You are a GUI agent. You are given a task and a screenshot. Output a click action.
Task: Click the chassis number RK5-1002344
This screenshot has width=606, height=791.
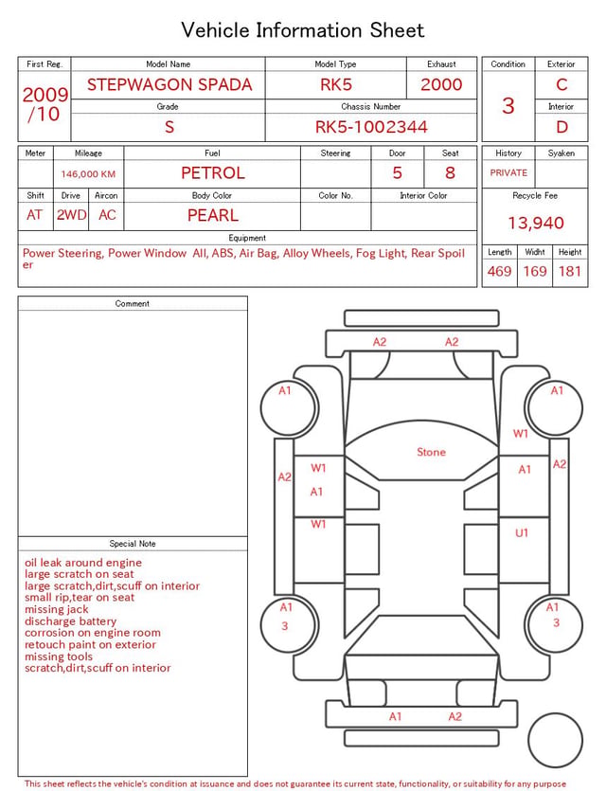[x=371, y=127]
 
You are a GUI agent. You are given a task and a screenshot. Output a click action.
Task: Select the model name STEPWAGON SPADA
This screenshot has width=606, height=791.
[x=169, y=84]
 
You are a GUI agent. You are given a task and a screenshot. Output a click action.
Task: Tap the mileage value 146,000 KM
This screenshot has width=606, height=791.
[x=88, y=174]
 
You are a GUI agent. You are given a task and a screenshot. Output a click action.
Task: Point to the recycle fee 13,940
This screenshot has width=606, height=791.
[x=535, y=223]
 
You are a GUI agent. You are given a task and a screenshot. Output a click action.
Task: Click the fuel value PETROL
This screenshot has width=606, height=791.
[x=213, y=173]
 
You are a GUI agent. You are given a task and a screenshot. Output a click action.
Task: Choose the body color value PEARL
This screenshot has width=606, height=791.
[x=213, y=215]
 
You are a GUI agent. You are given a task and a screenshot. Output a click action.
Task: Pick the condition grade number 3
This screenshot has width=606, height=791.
[x=508, y=106]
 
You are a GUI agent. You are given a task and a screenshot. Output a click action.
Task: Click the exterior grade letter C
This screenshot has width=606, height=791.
[x=561, y=84]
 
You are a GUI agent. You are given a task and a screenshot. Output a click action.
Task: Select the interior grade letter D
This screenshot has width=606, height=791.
[x=561, y=127]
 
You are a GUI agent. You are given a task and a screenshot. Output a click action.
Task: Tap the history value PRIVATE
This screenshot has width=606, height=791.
[x=508, y=172]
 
